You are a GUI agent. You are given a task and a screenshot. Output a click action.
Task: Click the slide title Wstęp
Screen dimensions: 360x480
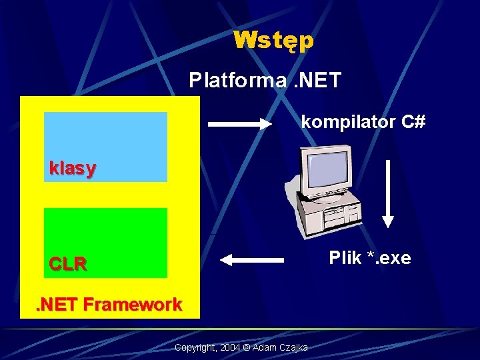point(273,41)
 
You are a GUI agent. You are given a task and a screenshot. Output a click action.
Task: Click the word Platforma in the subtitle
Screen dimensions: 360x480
point(227,81)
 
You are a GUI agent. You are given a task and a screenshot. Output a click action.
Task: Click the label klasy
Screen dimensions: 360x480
point(72,169)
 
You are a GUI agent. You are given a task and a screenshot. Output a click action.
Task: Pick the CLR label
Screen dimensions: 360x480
point(68,264)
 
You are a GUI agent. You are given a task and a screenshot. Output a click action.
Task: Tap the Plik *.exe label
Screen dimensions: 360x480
point(370,258)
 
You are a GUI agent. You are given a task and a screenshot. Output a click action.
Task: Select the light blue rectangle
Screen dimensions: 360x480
point(105,137)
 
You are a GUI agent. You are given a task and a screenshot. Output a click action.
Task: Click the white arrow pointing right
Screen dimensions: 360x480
point(240,123)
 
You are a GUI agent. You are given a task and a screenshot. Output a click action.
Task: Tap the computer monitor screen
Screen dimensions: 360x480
point(326,171)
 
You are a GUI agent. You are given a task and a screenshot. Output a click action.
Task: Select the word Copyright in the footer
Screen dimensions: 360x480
point(194,348)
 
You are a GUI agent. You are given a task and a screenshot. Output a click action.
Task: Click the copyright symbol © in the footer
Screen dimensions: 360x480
point(245,348)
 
